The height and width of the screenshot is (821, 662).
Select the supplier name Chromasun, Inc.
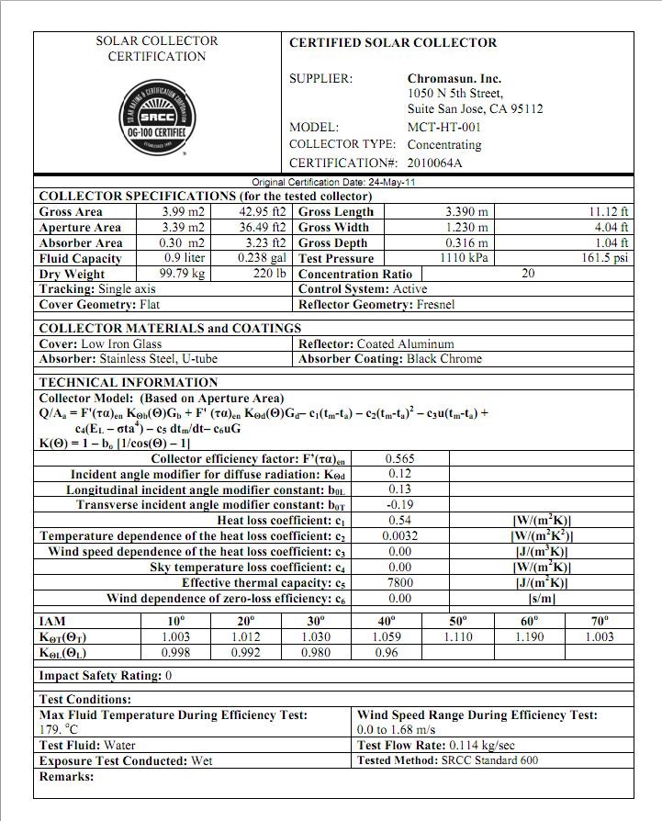pos(454,79)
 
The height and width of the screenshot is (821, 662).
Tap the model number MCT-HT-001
pos(443,128)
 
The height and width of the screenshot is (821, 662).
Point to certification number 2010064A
pos(435,163)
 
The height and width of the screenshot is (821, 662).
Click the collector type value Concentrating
pos(443,145)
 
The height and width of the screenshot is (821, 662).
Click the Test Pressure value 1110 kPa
pos(466,258)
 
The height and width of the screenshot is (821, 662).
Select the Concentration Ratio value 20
pos(528,274)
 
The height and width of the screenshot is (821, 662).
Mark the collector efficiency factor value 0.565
pos(400,458)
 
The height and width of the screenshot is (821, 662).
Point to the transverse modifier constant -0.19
pos(400,505)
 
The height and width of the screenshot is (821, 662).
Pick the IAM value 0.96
pos(387,653)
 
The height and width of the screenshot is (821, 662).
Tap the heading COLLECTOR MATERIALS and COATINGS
pos(170,328)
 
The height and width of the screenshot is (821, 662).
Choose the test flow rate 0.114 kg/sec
pos(481,745)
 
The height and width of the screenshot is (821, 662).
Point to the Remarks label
pos(66,777)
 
